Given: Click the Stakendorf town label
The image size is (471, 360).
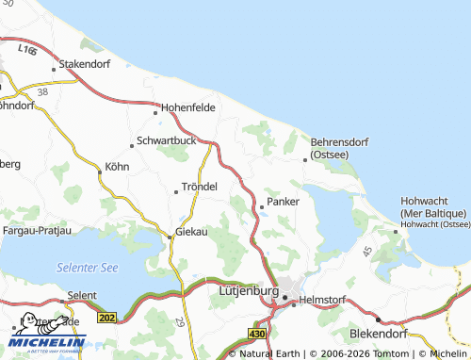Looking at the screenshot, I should click(86, 64).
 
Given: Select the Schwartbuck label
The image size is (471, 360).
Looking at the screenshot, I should click(166, 140).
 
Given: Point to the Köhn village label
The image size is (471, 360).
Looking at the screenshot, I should click(117, 168).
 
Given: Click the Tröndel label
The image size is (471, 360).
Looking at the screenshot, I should click(200, 187).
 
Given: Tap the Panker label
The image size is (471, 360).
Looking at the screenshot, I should click(283, 201).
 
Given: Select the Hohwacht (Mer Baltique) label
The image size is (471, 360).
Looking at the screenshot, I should click(434, 207).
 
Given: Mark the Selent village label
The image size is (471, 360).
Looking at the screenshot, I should click(81, 295).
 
